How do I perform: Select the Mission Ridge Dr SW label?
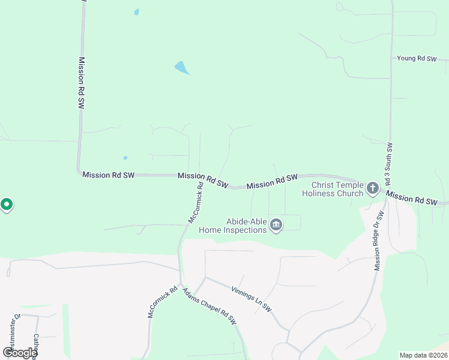379,241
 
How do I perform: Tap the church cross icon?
372,189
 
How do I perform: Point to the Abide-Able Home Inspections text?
245,226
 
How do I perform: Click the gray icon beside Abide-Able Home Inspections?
276,226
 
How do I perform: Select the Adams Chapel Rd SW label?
209,306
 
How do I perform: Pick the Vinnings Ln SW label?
252,298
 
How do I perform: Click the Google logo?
20,353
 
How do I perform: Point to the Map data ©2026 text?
423,355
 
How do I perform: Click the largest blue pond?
181,67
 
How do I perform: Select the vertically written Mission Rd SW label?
81,82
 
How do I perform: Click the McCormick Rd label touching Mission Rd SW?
196,203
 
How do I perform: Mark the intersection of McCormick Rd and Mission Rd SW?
199,176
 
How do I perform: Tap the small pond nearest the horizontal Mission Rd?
125,158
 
